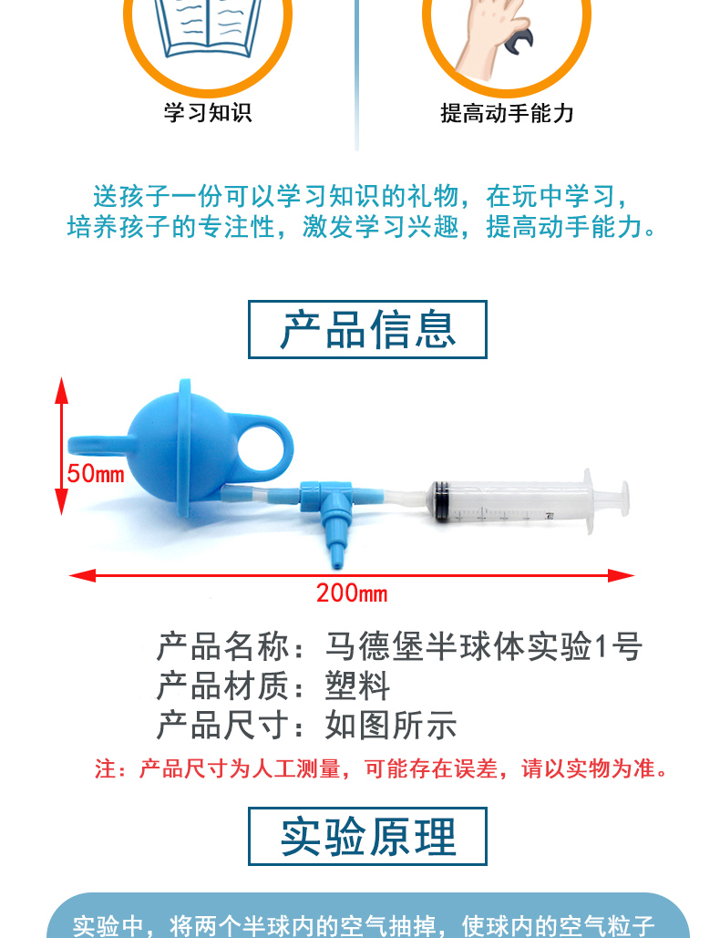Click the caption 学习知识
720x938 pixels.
coord(208,112)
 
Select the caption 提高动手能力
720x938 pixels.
coord(507,113)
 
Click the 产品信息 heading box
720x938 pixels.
coord(367,330)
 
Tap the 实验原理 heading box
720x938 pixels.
coord(367,836)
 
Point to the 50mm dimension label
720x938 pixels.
coord(96,474)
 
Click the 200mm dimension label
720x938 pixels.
coord(352,593)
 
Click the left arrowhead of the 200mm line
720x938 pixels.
coord(82,575)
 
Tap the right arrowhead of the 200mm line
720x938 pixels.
coord(622,575)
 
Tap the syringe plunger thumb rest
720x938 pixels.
coord(624,498)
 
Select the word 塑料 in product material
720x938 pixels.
coord(357,685)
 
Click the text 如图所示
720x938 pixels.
coord(391,725)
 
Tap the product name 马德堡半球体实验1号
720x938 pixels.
coord(484,646)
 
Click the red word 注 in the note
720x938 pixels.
coord(105,768)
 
